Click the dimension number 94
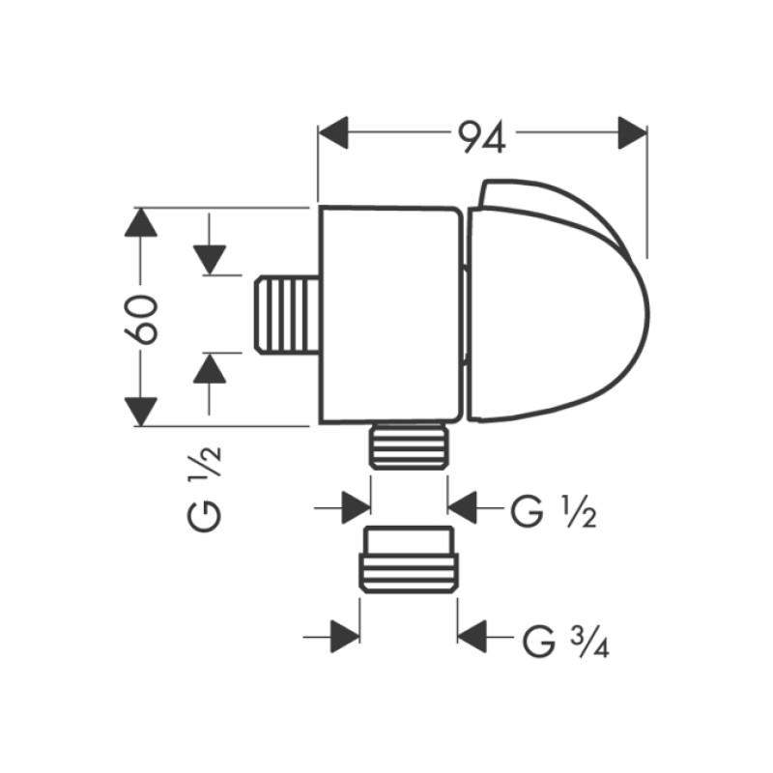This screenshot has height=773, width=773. coord(482,135)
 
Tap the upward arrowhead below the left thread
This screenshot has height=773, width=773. coord(209,369)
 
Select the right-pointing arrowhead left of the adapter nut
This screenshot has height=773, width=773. coord(344,637)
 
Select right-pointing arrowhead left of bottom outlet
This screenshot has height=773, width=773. coord(356,505)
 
